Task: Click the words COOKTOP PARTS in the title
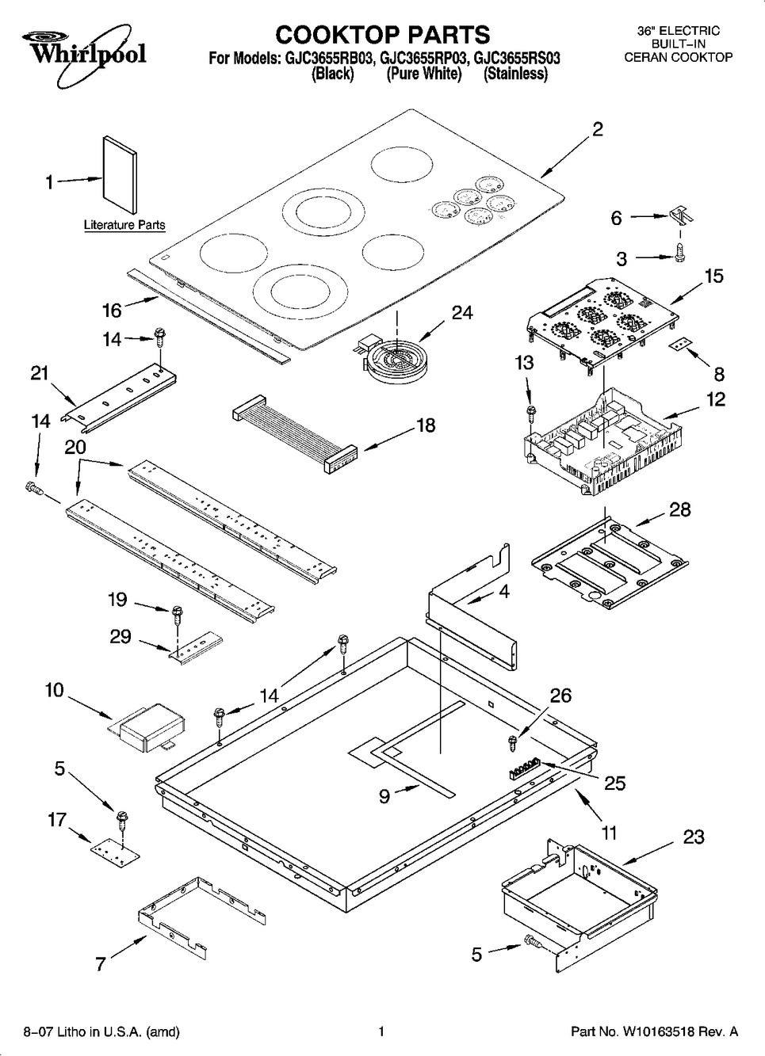click(x=382, y=34)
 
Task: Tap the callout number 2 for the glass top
click(x=598, y=130)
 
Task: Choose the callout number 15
click(x=713, y=276)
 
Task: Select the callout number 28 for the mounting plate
click(x=679, y=509)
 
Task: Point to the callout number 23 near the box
click(x=693, y=837)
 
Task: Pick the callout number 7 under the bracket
click(x=101, y=964)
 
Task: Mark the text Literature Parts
click(x=124, y=225)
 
